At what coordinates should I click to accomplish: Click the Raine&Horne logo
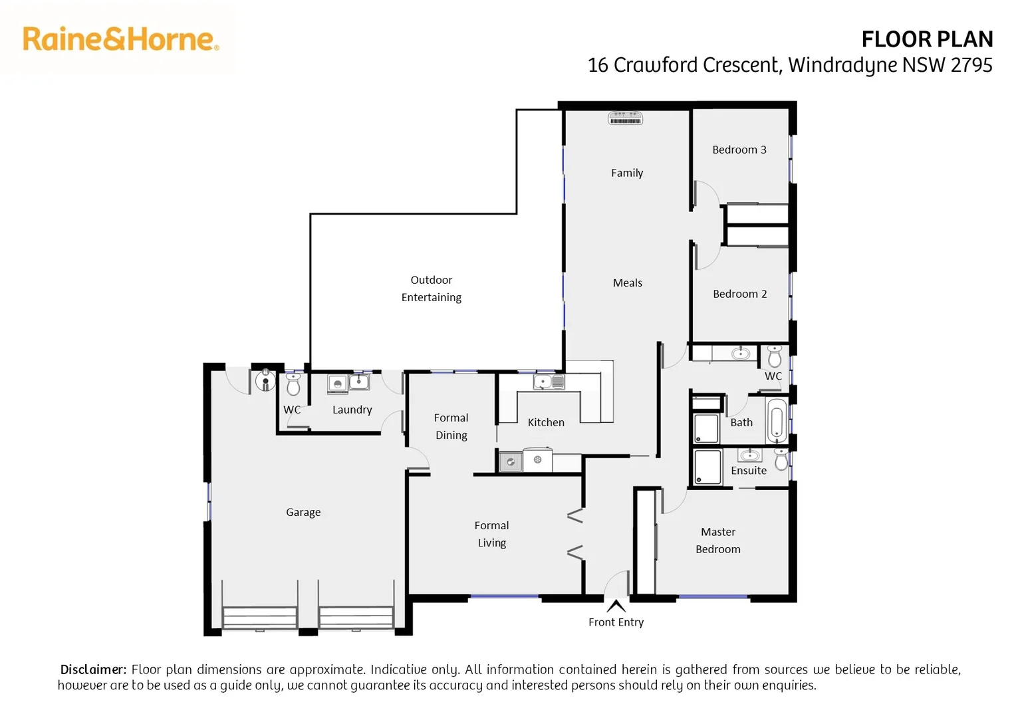click(x=120, y=39)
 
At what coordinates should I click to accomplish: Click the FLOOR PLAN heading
click(x=926, y=39)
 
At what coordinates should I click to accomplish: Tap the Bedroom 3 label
click(x=739, y=150)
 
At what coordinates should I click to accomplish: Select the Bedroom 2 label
click(x=739, y=294)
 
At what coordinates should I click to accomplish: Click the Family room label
click(x=626, y=173)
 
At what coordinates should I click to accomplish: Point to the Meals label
click(x=627, y=283)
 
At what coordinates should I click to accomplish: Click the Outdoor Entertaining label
click(x=431, y=289)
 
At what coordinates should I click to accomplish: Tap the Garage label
click(x=303, y=512)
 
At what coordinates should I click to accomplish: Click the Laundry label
click(x=352, y=410)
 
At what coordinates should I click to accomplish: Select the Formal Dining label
click(x=451, y=426)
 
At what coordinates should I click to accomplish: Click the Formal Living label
click(x=491, y=534)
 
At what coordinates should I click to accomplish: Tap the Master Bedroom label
click(x=717, y=540)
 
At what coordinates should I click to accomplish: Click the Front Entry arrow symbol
click(x=616, y=606)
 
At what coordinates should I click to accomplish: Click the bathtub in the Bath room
click(x=776, y=421)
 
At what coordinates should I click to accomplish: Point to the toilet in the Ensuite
click(x=781, y=459)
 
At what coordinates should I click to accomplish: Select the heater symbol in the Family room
click(x=625, y=118)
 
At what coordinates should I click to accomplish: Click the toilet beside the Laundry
click(x=293, y=384)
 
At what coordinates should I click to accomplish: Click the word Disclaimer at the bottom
click(x=93, y=669)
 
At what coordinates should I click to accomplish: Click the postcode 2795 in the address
click(x=971, y=65)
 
